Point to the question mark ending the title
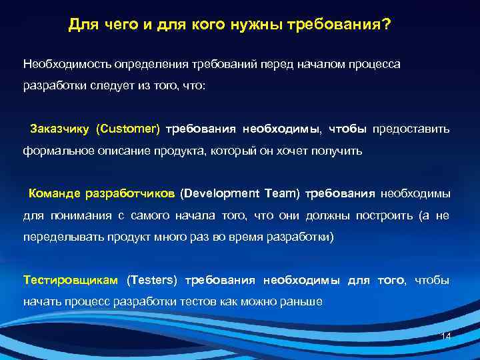[x=387, y=25]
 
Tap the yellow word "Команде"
[x=53, y=194]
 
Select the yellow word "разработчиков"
[x=130, y=194]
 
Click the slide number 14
[x=447, y=337]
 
